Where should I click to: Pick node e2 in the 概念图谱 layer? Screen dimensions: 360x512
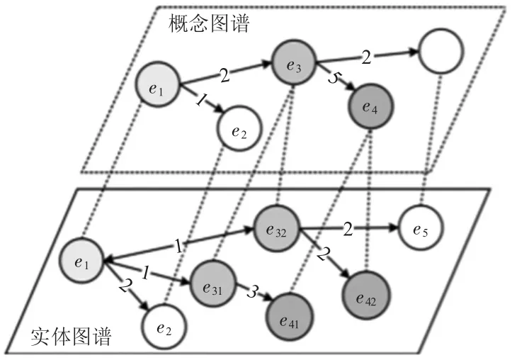pos(239,129)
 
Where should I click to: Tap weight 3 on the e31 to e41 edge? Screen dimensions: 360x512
pos(251,292)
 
